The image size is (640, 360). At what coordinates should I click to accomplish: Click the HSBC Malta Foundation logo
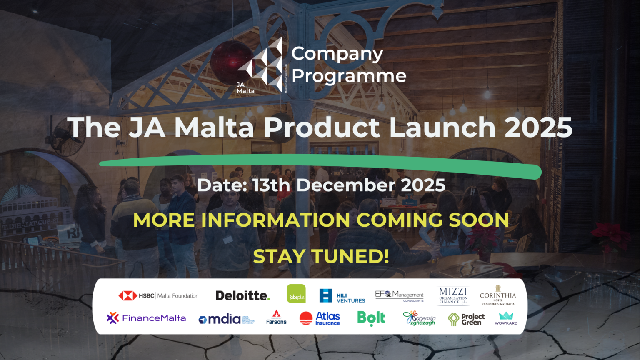(158, 295)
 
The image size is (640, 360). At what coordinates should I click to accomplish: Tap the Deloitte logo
(243, 295)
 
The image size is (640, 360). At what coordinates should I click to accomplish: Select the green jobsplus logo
(296, 294)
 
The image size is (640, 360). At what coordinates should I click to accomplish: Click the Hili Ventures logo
(342, 296)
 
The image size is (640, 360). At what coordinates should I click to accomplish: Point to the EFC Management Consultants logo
(399, 295)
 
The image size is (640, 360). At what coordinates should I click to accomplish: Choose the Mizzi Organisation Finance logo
(453, 295)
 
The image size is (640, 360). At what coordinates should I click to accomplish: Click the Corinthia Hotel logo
(498, 295)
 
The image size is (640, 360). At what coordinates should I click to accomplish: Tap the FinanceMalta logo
(146, 318)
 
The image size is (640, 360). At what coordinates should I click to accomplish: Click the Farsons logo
(276, 317)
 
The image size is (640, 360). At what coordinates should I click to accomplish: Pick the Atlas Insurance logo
(320, 318)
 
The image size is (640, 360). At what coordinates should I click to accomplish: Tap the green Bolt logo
(371, 318)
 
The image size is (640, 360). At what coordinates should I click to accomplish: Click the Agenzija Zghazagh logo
(420, 318)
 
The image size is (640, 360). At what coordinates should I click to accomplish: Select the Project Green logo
(466, 319)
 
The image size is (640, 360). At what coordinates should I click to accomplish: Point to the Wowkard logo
(506, 318)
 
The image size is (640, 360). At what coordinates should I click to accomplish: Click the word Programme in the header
(349, 76)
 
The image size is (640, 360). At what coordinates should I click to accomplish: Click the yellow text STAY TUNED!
(321, 256)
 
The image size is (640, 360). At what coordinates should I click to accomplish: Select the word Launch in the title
(442, 127)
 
